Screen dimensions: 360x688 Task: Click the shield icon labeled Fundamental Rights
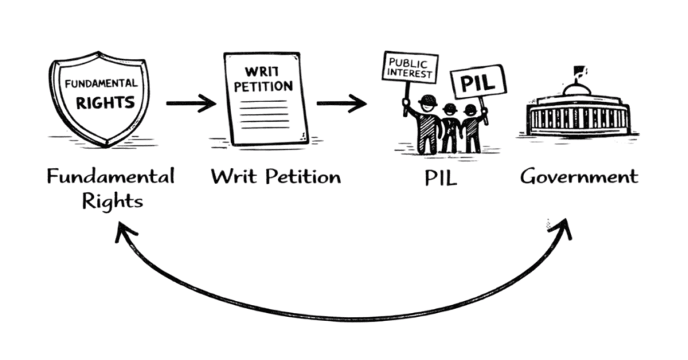coord(99,101)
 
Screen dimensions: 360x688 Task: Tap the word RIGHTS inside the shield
coord(105,104)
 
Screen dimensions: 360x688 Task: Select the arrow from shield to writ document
coord(191,103)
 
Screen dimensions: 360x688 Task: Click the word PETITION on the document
coord(267,87)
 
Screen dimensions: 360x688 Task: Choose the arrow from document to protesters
coord(341,103)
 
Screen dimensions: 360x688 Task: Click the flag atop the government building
coord(578,70)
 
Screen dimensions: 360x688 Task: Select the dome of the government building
coord(577,89)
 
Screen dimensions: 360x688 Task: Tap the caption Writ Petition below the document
coord(275,177)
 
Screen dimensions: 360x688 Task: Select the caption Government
coord(578,177)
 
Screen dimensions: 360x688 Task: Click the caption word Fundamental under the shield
coord(111,177)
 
